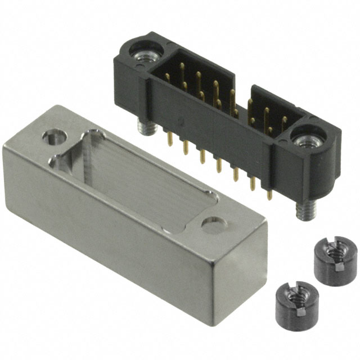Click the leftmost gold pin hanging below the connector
point(169,137)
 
